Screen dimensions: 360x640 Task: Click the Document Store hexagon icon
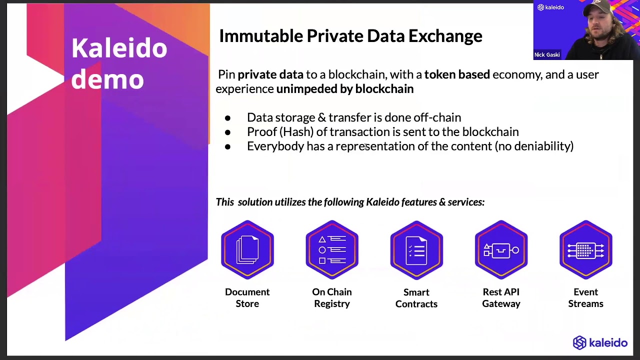247,249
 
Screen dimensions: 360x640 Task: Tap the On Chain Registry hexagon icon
332,249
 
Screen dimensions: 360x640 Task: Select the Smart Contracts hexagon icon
416,249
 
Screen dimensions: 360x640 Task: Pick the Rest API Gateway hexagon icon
501,249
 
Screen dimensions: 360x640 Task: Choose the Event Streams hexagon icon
585,249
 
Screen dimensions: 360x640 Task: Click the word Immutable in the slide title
261,36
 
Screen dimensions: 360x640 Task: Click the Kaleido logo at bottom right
600,342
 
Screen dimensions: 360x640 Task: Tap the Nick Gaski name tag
547,54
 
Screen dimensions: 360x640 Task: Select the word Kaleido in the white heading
119,48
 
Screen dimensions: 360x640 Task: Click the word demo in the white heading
107,79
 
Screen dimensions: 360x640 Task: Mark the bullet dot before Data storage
228,118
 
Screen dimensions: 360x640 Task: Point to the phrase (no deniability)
534,146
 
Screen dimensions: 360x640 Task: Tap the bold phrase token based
457,74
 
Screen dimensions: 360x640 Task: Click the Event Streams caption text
585,297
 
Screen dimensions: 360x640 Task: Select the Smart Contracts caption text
416,297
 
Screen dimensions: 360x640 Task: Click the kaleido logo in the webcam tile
550,7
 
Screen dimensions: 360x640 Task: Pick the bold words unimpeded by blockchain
345,89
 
